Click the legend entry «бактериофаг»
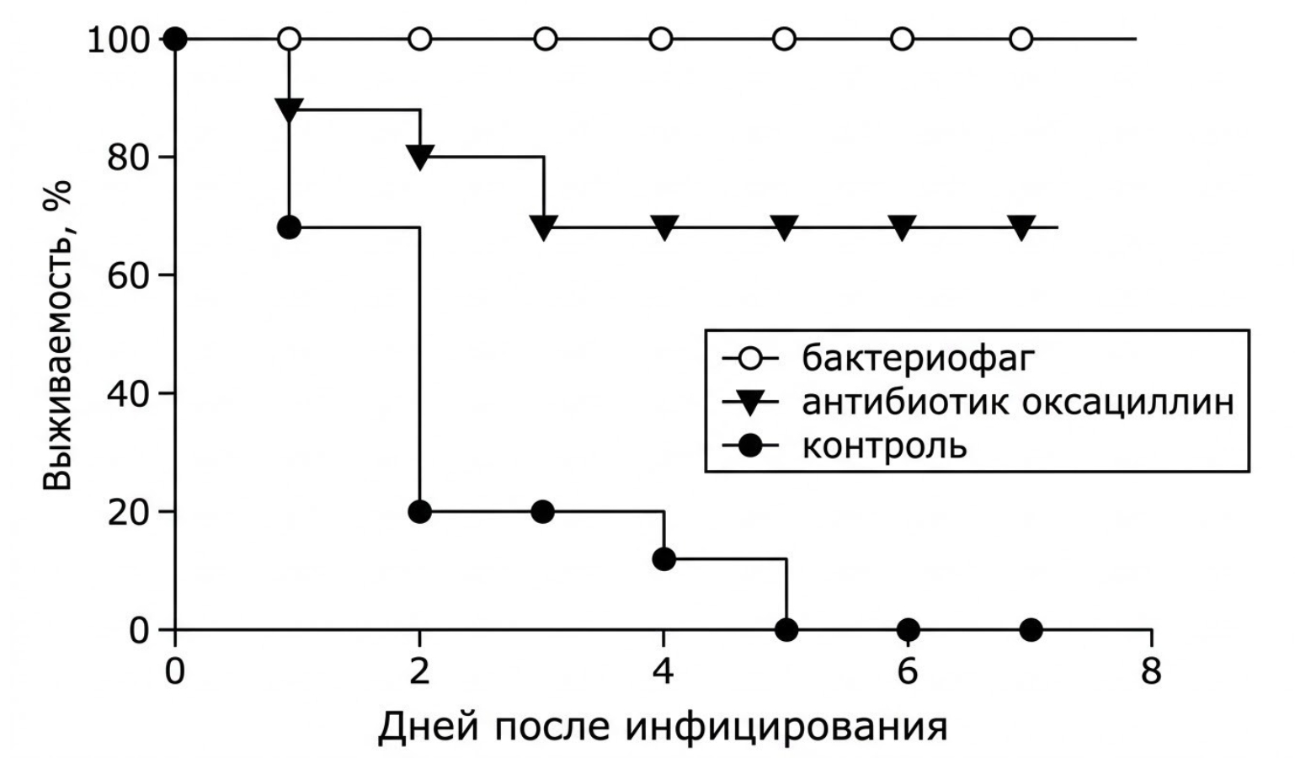tap(918, 360)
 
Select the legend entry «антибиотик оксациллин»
tap(1018, 403)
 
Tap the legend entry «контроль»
tap(885, 446)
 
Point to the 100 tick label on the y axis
tap(120, 40)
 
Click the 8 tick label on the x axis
tap(1150, 672)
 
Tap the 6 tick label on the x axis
tap(908, 672)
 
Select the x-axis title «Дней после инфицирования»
tap(663, 728)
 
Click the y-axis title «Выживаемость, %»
tap(58, 335)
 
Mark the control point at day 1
tap(289, 227)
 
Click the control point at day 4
tap(663, 559)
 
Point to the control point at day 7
tap(1031, 630)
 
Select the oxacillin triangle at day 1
tap(289, 109)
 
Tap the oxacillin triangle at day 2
tap(419, 157)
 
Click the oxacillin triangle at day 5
tap(784, 227)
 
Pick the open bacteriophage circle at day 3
tap(545, 40)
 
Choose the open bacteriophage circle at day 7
tap(1021, 40)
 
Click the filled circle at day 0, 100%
tap(175, 40)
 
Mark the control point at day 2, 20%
tap(419, 512)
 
